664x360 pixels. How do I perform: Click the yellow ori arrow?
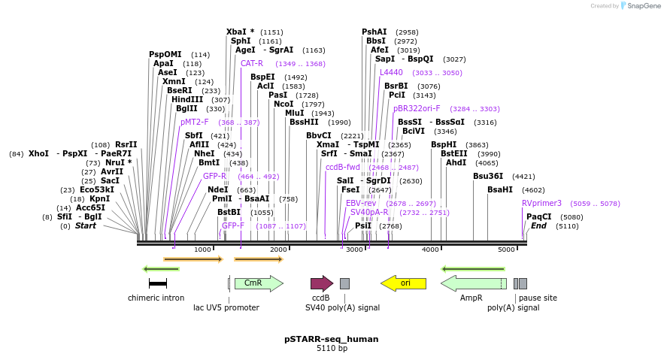[x=403, y=283]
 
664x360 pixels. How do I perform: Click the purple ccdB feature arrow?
[x=322, y=283]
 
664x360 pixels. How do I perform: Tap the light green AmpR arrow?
[x=473, y=283]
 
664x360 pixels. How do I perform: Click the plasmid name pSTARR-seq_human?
[x=332, y=339]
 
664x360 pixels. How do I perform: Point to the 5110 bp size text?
[x=332, y=349]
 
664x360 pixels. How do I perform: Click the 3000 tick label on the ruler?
[x=354, y=250]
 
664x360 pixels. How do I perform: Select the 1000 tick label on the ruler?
[x=202, y=250]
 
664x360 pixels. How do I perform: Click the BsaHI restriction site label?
[x=500, y=190]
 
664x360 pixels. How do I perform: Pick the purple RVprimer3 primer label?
[x=541, y=203]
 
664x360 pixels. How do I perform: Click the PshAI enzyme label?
[x=374, y=32]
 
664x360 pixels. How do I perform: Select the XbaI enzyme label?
[x=240, y=32]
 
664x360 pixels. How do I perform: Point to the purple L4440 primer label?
[x=391, y=73]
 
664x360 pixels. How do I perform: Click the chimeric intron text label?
[x=156, y=298]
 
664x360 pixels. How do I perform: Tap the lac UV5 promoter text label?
[x=226, y=307]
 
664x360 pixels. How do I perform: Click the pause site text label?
[x=538, y=298]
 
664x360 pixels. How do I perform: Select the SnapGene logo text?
[x=640, y=6]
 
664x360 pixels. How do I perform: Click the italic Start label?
[x=85, y=225]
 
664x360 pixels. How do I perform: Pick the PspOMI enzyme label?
[x=165, y=54]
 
